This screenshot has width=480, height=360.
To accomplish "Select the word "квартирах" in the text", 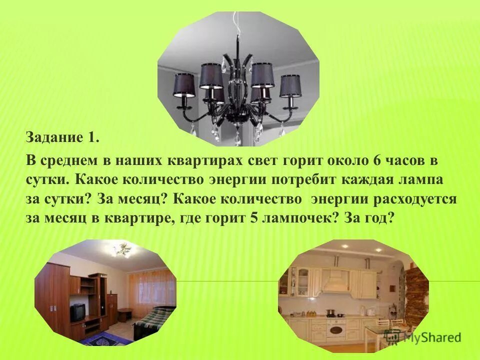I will click(196, 161).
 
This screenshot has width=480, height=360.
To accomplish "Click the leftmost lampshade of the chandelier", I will click(184, 85).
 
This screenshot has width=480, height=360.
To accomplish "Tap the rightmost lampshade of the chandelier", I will click(290, 85).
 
